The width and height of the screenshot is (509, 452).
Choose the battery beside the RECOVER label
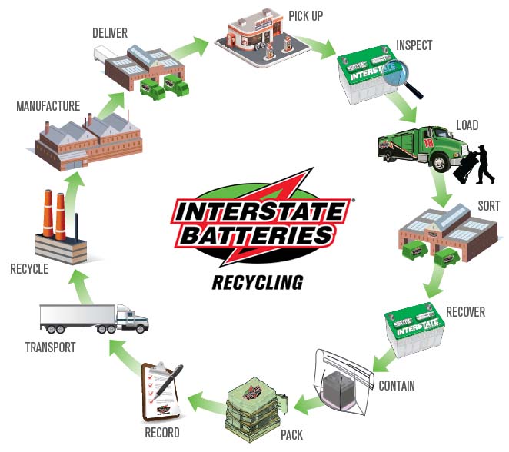pyautogui.click(x=416, y=331)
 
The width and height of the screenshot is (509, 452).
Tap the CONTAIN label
pyautogui.click(x=397, y=385)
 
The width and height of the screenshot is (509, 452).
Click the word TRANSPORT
pyautogui.click(x=49, y=347)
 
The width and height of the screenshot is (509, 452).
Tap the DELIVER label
pyautogui.click(x=109, y=32)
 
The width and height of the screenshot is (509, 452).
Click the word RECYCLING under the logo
pyautogui.click(x=257, y=282)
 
